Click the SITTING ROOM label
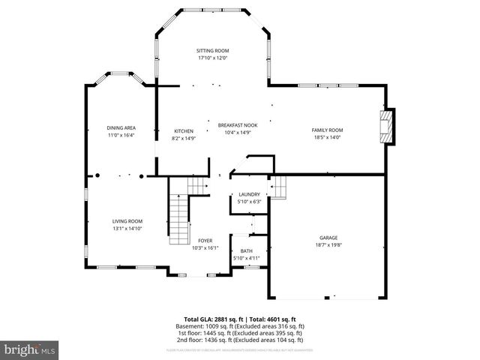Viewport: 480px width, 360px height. [x=212, y=50]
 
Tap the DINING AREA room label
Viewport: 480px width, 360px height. [x=121, y=128]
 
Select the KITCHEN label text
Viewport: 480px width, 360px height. [x=184, y=130]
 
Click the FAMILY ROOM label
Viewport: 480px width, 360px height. [x=327, y=130]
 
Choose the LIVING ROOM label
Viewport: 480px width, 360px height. [x=127, y=221]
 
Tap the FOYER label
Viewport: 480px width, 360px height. [x=205, y=241]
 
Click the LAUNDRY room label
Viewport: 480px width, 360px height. [x=249, y=194]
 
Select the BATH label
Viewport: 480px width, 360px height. [x=247, y=251]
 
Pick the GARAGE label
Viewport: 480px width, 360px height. [x=328, y=238]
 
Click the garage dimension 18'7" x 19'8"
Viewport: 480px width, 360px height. [x=328, y=244]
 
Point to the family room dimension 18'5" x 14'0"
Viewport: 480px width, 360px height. [x=327, y=137]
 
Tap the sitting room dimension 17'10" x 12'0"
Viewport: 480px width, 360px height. [x=212, y=58]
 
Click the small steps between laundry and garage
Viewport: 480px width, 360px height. [x=278, y=185]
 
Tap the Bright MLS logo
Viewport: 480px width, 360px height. [x=30, y=349]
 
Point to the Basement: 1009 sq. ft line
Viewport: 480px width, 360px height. [x=240, y=326]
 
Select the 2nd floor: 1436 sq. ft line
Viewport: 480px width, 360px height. [x=240, y=340]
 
